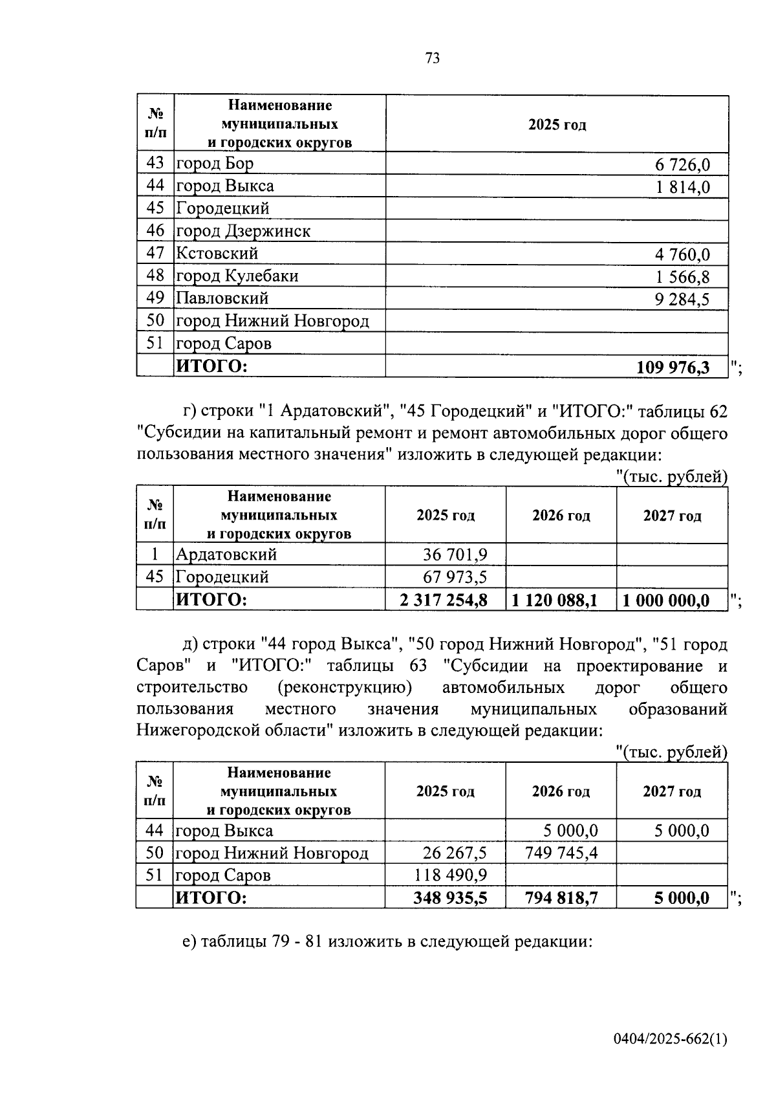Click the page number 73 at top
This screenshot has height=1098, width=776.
tap(433, 58)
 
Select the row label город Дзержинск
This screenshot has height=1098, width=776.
tap(243, 231)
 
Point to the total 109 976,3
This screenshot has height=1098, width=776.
tap(673, 368)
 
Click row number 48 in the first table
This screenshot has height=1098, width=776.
tap(155, 276)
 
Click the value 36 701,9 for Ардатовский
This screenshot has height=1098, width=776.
tap(455, 554)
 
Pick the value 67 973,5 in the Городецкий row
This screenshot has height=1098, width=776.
tap(455, 577)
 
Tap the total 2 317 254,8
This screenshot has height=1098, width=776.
tap(444, 600)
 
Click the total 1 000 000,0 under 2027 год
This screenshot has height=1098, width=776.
tap(666, 600)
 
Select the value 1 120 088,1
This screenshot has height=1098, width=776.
tap(555, 600)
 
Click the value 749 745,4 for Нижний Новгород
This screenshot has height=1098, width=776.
tap(561, 853)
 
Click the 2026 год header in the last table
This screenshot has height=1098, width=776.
tap(561, 791)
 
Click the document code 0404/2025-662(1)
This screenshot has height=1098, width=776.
tap(671, 1040)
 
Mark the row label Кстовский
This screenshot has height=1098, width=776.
tap(217, 254)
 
